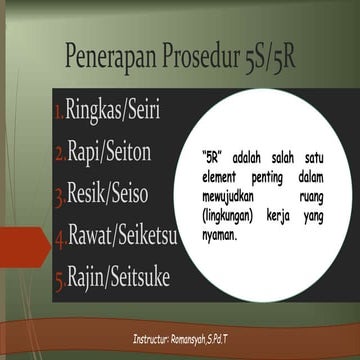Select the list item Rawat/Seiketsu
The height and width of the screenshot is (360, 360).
[125, 235]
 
